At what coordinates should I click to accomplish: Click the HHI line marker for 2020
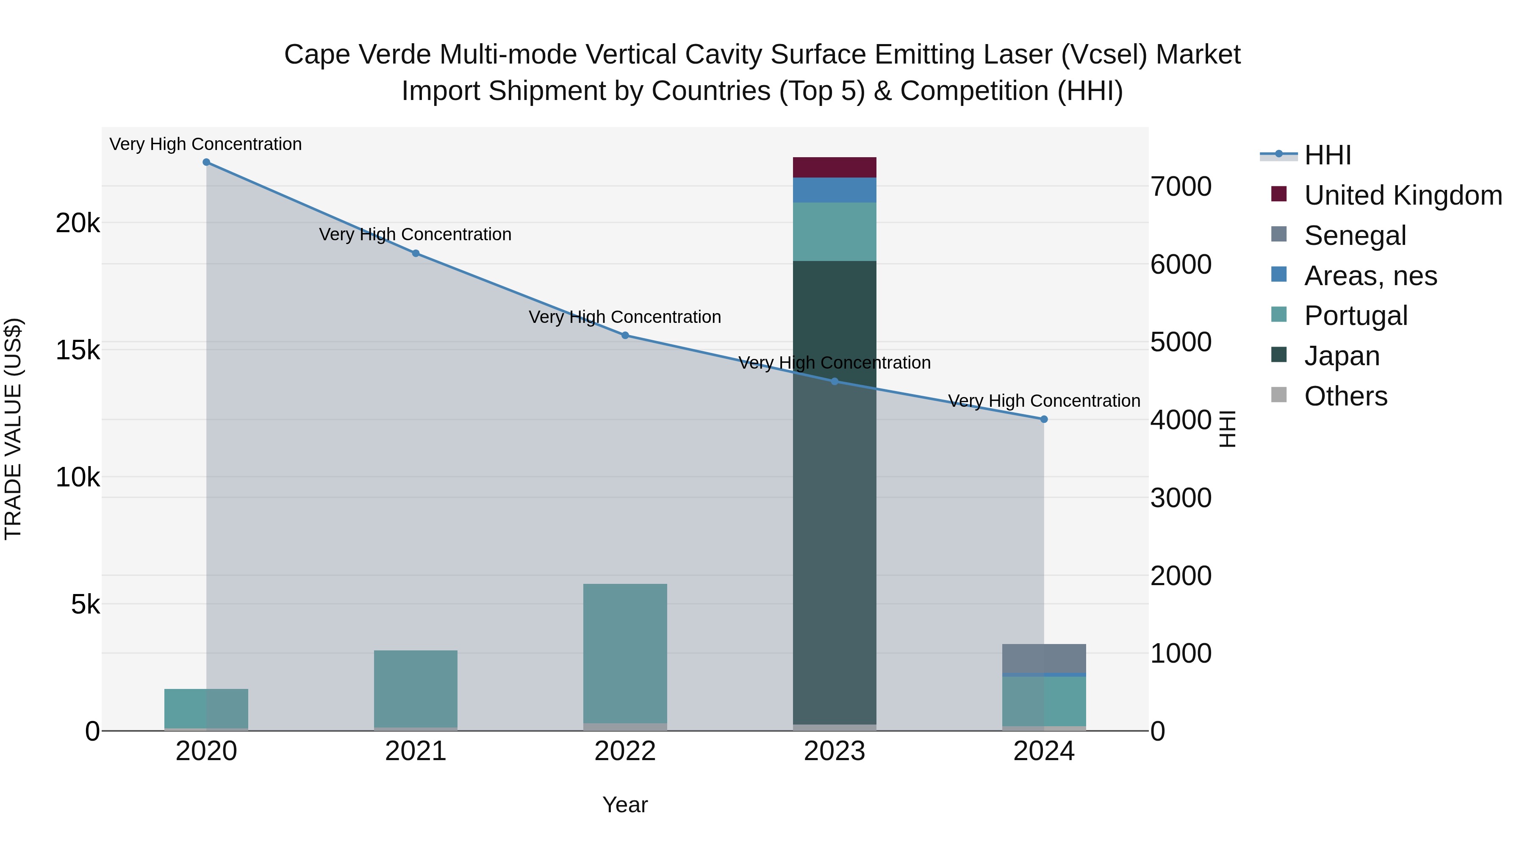click(x=206, y=162)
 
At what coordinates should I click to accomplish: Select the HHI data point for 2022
click(x=625, y=336)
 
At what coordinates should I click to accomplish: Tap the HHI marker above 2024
click(x=1044, y=419)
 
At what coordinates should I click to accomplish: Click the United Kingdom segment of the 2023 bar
click(x=835, y=167)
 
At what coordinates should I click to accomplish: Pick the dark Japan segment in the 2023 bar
click(x=835, y=491)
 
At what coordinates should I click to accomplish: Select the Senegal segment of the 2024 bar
click(x=1044, y=658)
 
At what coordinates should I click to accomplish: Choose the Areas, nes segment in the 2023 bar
click(x=835, y=190)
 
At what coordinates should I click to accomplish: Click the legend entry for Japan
click(x=1342, y=356)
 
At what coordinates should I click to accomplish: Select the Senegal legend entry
click(x=1355, y=236)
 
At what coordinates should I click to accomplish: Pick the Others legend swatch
click(x=1279, y=395)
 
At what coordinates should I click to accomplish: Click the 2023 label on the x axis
click(x=834, y=751)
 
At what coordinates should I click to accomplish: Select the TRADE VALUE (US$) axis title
click(x=13, y=429)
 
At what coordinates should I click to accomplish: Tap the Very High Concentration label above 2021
click(x=415, y=234)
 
